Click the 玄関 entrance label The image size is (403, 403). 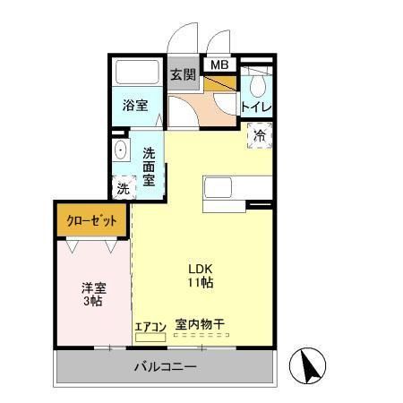coord(184,75)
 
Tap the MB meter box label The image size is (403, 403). coord(219,64)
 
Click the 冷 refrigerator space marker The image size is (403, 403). coord(259,137)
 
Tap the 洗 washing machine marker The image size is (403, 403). coord(121,188)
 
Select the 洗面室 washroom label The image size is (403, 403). coord(150,167)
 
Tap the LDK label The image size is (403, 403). coord(199,268)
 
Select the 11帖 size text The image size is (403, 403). coord(199,283)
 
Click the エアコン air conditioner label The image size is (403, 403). coord(150,326)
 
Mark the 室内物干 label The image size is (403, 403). coord(200,325)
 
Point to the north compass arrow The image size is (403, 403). coord(309,365)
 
